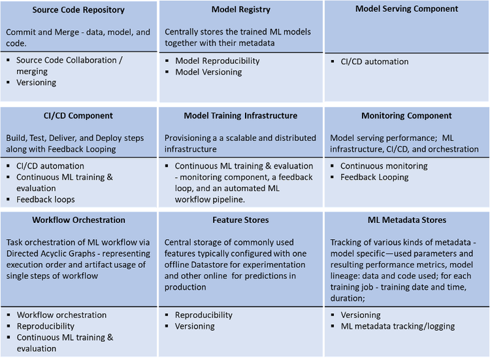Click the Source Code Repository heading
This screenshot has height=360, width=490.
click(78, 10)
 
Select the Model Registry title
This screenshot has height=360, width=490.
click(241, 10)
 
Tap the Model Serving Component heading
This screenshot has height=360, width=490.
click(406, 9)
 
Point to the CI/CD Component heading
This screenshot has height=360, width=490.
click(78, 116)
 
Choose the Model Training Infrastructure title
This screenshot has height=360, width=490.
click(240, 116)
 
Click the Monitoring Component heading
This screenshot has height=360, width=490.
click(406, 116)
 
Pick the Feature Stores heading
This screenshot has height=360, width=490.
click(240, 220)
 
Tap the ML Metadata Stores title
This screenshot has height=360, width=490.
click(407, 220)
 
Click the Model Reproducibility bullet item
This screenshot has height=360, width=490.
click(218, 61)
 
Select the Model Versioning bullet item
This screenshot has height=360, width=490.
click(209, 72)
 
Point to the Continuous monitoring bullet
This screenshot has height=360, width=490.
click(384, 166)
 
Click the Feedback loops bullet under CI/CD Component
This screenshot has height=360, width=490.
click(46, 199)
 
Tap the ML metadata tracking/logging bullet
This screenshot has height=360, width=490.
click(398, 326)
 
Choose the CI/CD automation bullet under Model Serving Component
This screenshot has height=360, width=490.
click(375, 61)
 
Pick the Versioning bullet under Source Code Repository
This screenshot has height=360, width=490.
click(36, 82)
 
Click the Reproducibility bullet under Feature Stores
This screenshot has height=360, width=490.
click(204, 315)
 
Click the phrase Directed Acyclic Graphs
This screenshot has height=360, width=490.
click(50, 254)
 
